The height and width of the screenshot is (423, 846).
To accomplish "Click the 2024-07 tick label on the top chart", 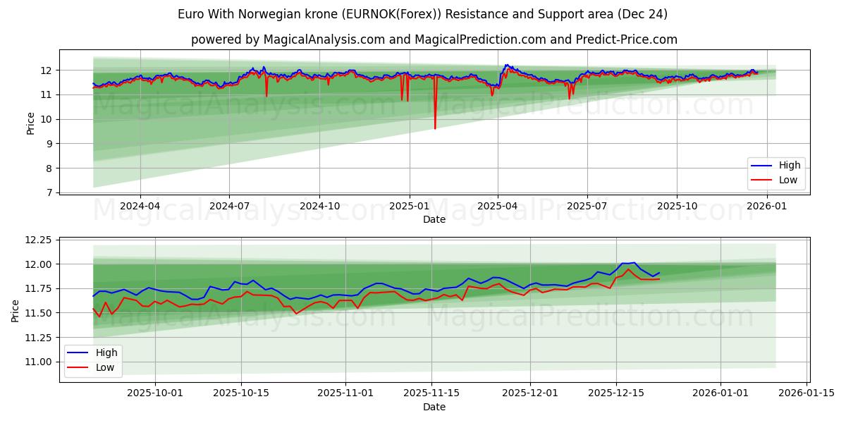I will click(229, 206).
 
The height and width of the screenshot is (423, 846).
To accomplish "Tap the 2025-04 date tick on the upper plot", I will click(498, 206).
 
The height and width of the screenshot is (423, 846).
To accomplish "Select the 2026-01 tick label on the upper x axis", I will click(766, 206).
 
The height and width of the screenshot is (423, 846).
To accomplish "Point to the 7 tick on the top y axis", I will click(49, 192).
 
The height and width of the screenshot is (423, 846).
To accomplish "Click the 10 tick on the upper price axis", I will click(47, 119).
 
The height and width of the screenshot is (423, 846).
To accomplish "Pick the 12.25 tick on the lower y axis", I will click(39, 240).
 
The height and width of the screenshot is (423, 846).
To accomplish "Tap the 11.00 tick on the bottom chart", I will click(39, 362).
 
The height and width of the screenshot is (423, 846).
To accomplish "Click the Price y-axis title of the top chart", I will click(30, 123).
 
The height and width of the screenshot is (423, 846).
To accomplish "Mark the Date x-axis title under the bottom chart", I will click(434, 407).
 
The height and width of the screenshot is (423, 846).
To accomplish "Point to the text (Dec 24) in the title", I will click(644, 14).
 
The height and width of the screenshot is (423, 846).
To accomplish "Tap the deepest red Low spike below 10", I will click(435, 128).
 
